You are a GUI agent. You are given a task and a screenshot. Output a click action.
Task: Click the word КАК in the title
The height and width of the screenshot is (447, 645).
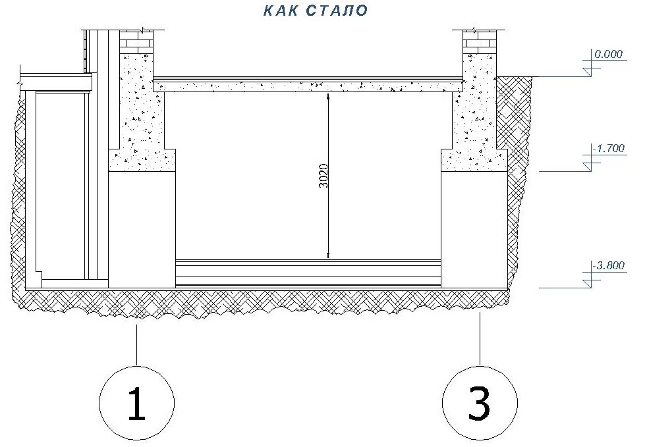click(x=280, y=11)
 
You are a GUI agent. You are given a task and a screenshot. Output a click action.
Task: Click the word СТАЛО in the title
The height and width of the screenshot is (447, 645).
click(x=337, y=11)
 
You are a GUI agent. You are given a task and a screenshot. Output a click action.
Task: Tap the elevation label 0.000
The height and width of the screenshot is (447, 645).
click(x=608, y=54)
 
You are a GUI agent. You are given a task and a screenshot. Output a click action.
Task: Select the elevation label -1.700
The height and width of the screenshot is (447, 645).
click(x=608, y=148)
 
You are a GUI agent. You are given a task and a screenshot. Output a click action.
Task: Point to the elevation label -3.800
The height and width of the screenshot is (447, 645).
click(x=608, y=265)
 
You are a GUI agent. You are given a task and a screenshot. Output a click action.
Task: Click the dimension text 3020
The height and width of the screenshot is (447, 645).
click(x=324, y=176)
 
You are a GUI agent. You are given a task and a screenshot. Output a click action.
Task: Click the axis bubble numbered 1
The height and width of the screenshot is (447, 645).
click(x=136, y=404)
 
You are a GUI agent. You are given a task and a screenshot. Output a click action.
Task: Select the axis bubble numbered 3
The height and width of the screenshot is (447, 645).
click(x=480, y=404)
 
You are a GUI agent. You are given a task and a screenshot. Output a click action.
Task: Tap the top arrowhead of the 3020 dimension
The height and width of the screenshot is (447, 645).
click(x=328, y=97)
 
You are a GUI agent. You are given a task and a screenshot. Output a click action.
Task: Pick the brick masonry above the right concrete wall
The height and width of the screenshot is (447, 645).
click(x=479, y=42)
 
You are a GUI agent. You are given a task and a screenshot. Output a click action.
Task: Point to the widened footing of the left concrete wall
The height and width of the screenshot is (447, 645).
click(x=142, y=160)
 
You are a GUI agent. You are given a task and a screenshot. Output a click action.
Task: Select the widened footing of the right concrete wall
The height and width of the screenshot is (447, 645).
click(x=474, y=160)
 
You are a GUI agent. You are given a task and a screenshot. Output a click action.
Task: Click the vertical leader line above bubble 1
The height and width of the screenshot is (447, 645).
click(x=136, y=345)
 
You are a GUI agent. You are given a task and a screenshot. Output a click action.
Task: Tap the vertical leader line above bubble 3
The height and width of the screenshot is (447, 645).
click(x=480, y=339)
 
